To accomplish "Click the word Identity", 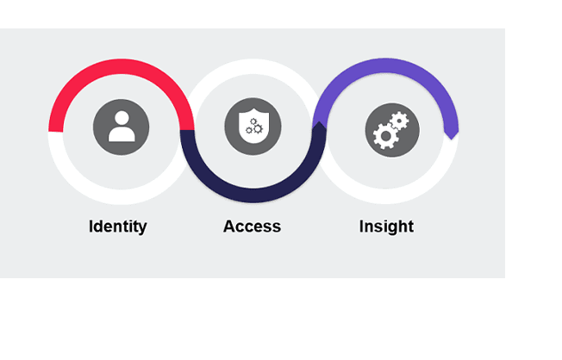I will (x=118, y=227).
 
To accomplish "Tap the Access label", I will (x=252, y=227).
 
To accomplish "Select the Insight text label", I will (x=386, y=227).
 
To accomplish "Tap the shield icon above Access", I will (x=253, y=127).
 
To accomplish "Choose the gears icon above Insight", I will (x=392, y=130).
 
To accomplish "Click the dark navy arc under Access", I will (x=253, y=195).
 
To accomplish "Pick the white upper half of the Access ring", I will (x=253, y=65).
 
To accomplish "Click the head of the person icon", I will (x=122, y=118).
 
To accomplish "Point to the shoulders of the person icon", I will (x=122, y=134).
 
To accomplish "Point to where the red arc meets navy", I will (x=187, y=129).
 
